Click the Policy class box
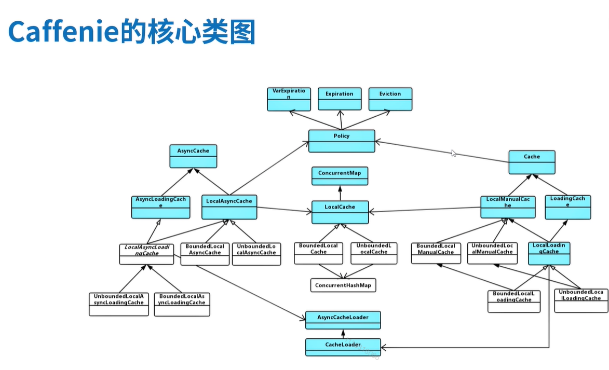(x=342, y=141)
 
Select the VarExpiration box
(x=289, y=99)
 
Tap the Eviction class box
(x=390, y=99)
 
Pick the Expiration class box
(x=340, y=99)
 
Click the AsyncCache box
(x=193, y=156)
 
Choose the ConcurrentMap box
(x=340, y=176)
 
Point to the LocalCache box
(x=340, y=212)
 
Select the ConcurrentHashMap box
(x=343, y=285)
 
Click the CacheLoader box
(x=343, y=347)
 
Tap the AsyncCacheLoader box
(x=343, y=320)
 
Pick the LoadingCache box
(x=568, y=207)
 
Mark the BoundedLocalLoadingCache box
(x=514, y=301)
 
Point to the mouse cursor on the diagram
(x=454, y=154)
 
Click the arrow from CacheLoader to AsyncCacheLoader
(x=343, y=334)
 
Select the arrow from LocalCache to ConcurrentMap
(x=340, y=193)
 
